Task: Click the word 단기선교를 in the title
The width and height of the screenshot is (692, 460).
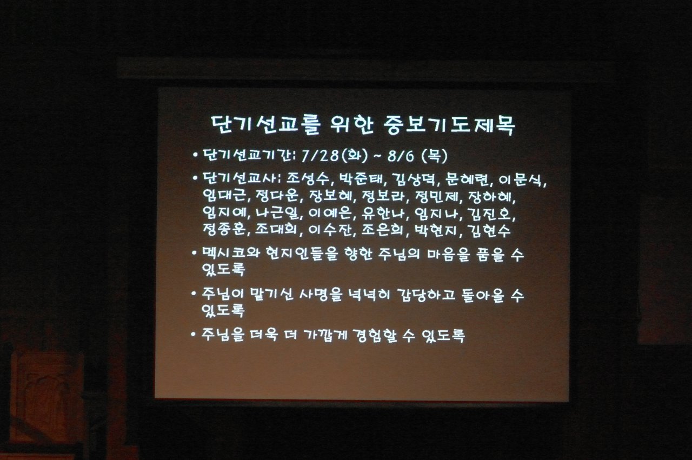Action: (265, 125)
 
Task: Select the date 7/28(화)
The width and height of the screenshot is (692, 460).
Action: (334, 156)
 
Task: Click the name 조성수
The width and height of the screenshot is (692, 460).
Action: (307, 179)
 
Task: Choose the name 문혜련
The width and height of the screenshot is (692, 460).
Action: (467, 179)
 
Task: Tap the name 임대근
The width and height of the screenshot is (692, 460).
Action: (224, 195)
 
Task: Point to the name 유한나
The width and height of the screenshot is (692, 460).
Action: (383, 212)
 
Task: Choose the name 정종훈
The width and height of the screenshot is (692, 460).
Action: (224, 229)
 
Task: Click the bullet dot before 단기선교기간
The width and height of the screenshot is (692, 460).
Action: (195, 155)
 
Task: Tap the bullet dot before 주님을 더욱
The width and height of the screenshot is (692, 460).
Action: (194, 334)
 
